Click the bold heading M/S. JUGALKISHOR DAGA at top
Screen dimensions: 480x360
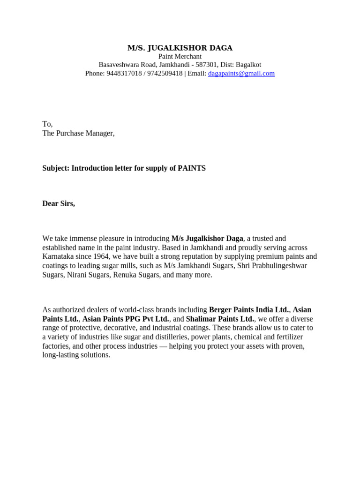coord(180,48)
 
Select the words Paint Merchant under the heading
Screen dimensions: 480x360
coord(180,56)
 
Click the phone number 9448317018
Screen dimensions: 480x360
coord(124,74)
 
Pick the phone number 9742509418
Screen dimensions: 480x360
coord(165,74)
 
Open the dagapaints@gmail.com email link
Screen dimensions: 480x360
coord(241,74)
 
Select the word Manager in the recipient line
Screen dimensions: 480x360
coord(100,133)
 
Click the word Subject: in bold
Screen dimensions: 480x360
coord(56,168)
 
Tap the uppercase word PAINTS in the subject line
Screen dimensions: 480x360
coord(192,168)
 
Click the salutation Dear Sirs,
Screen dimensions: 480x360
coord(59,203)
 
